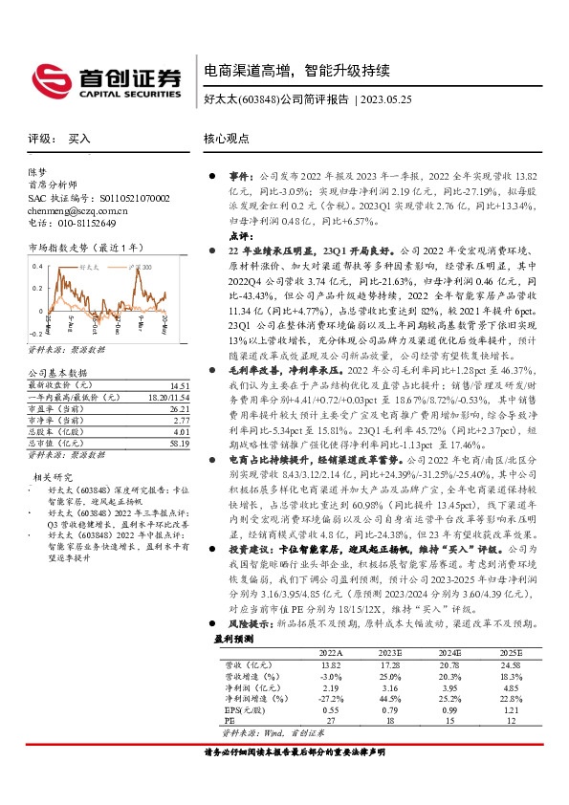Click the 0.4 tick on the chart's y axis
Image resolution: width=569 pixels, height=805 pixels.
37,264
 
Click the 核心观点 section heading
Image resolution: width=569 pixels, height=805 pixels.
226,138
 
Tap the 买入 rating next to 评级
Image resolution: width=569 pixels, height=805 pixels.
80,139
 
